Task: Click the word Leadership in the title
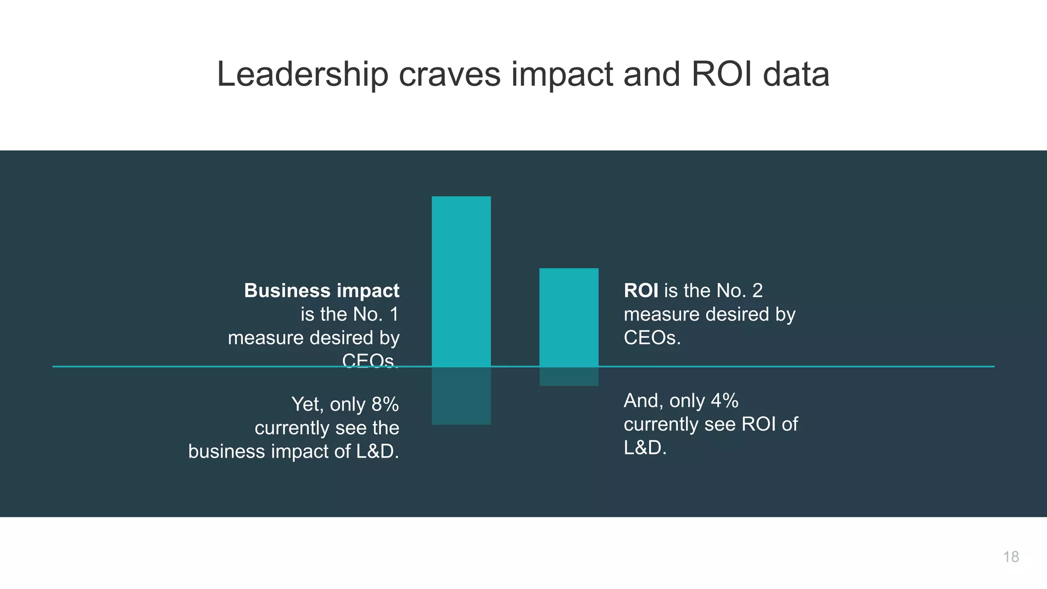point(303,75)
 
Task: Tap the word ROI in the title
point(722,75)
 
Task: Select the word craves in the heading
point(449,75)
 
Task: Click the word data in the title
point(796,75)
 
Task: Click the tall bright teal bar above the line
point(461,281)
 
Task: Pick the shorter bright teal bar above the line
point(568,317)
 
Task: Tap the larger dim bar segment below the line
point(461,396)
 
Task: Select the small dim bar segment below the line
point(568,377)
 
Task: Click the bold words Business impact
point(322,290)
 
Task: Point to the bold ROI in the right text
point(641,290)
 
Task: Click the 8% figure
point(385,404)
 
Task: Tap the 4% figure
point(724,401)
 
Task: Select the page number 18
point(1011,557)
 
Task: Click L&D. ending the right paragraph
point(645,448)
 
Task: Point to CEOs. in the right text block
point(652,337)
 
